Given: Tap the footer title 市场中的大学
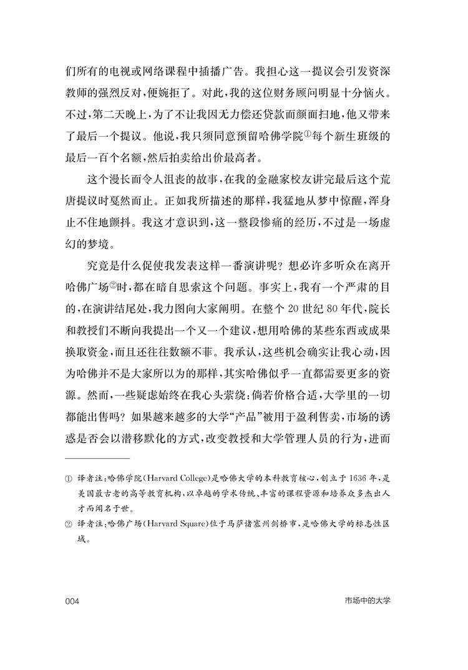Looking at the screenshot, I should pyautogui.click(x=371, y=601).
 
